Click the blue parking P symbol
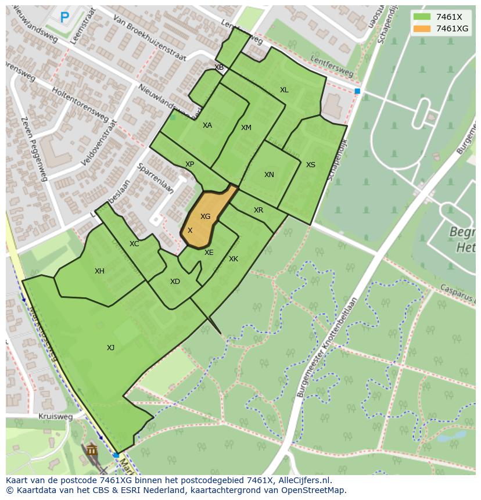pos(64,18)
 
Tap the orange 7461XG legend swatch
pos(422,28)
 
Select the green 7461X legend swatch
pos(422,17)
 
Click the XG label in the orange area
pos(205,217)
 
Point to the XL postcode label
pos(284,90)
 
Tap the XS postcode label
pos(311,165)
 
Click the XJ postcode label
pos(110,348)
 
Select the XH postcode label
pos(99,271)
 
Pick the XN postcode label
pos(269,175)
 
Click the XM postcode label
pos(246,128)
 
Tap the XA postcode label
pos(207,125)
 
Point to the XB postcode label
pos(219,67)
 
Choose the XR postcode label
pos(259,210)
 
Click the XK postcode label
pos(234,259)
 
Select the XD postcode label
pos(175,282)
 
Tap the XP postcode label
pos(189,165)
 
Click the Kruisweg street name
pos(55,417)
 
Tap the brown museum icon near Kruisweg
pos(91,450)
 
